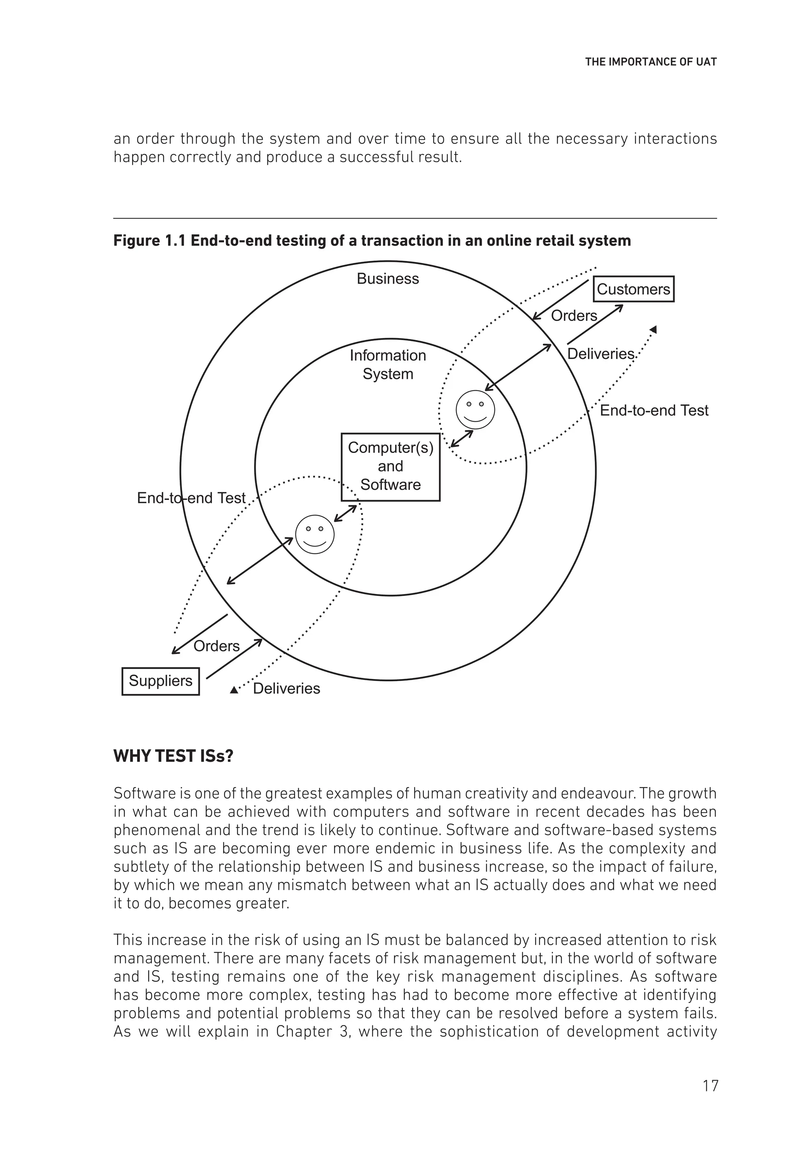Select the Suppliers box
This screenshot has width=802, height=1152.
coord(161,681)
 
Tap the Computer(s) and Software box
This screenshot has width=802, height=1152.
coord(390,467)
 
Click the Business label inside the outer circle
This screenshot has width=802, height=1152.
coord(388,279)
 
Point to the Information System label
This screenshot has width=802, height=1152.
coord(388,365)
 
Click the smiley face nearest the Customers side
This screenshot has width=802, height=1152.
coord(475,409)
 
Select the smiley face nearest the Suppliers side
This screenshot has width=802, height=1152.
coord(314,534)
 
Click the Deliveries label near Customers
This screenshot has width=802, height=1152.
coord(600,354)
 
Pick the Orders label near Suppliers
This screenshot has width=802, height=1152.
coord(216,646)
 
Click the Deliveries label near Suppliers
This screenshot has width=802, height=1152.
coord(286,688)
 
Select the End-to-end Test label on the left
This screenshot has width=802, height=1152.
coord(191,498)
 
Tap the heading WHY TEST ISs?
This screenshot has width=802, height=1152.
coord(173,756)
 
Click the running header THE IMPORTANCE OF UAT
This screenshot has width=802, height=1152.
coord(650,62)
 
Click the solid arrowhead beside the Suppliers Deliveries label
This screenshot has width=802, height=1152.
coord(233,690)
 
